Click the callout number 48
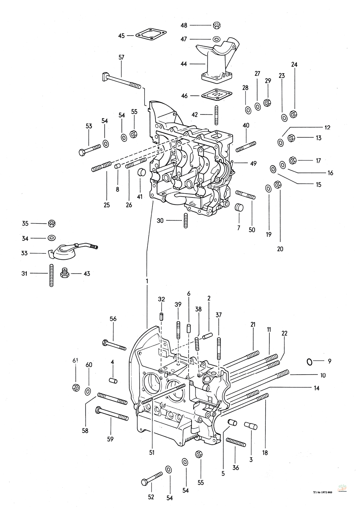[x=184, y=25]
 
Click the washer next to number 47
[x=216, y=39]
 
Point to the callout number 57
[x=121, y=57]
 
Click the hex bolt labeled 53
[x=90, y=150]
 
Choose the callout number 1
[x=147, y=281]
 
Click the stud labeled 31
[x=51, y=275]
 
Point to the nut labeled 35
[x=52, y=224]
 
